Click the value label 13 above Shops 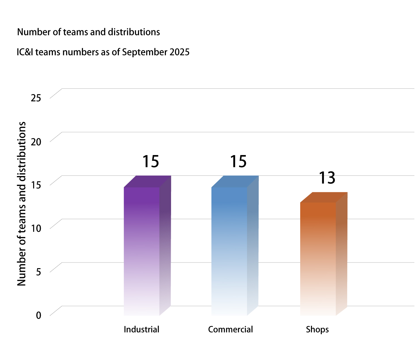coord(327,178)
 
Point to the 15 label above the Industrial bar coord(150,162)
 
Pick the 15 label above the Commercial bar coord(238,162)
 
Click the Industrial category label coord(142,329)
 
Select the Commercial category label coord(230,329)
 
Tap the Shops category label coord(317,330)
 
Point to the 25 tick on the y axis coord(36,98)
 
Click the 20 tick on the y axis coord(36,141)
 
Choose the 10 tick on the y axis coord(36,228)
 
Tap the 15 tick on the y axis coord(36,185)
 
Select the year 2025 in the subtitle coord(180,52)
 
